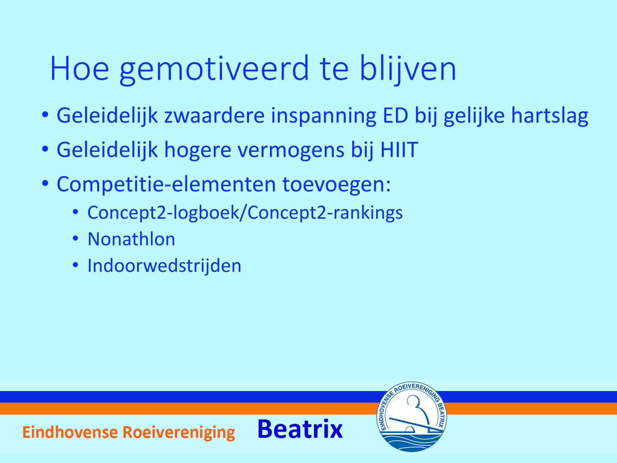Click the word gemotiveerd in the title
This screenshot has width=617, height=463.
(x=214, y=69)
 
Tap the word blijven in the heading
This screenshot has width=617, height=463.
(x=407, y=69)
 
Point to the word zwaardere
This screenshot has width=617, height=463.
(x=214, y=115)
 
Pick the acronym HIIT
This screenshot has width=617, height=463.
(x=399, y=150)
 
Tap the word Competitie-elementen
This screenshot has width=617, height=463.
(x=166, y=184)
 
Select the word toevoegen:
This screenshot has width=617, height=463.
(x=336, y=185)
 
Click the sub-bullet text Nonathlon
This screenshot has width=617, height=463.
(x=131, y=239)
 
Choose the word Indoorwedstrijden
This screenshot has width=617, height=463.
(x=165, y=266)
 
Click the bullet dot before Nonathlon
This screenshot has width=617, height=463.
(x=75, y=239)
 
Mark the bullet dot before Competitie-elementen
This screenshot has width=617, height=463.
(x=45, y=183)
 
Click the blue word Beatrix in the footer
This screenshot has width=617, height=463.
(x=300, y=429)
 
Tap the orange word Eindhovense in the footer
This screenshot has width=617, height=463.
(x=70, y=432)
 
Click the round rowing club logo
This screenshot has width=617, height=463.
(x=411, y=417)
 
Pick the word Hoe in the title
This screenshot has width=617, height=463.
(x=80, y=69)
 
